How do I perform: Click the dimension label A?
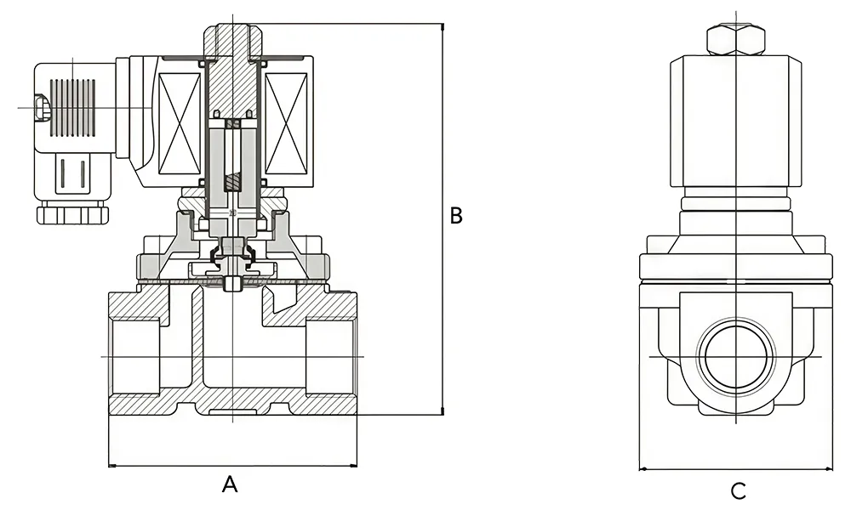click(229, 484)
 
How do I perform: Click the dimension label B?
click(456, 216)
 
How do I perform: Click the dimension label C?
click(738, 490)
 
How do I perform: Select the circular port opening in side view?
click(734, 356)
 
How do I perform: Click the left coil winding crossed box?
click(180, 123)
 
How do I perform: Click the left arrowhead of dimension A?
click(112, 466)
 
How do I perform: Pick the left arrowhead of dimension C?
click(643, 468)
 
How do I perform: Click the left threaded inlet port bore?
click(136, 356)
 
